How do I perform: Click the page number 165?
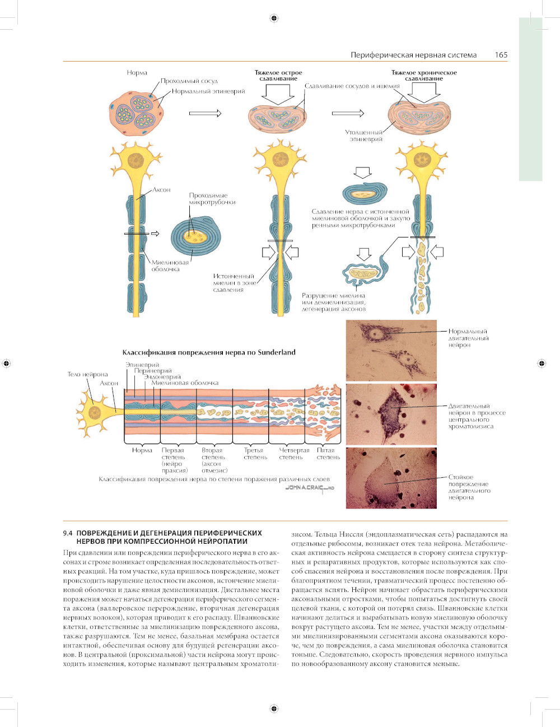pyautogui.click(x=501, y=55)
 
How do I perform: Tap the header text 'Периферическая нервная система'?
pyautogui.click(x=413, y=55)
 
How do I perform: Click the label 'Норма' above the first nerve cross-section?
pyautogui.click(x=137, y=73)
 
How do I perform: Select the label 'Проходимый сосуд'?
pyautogui.click(x=189, y=81)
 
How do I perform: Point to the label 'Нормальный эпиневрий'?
pyautogui.click(x=208, y=91)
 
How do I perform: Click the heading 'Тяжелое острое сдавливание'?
pyautogui.click(x=278, y=76)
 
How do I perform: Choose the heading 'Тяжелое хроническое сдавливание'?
pyautogui.click(x=424, y=76)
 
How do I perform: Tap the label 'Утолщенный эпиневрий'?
pyautogui.click(x=365, y=136)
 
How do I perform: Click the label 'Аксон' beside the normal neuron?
pyautogui.click(x=161, y=190)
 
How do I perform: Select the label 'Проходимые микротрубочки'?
pyautogui.click(x=212, y=199)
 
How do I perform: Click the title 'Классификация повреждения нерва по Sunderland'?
pyautogui.click(x=209, y=352)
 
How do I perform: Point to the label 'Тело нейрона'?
pyautogui.click(x=87, y=374)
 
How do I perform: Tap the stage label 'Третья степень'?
pyautogui.click(x=255, y=454)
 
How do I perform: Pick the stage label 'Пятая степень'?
pyautogui.click(x=328, y=454)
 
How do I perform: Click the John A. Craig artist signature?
pyautogui.click(x=309, y=488)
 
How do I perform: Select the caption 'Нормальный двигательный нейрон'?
pyautogui.click(x=468, y=338)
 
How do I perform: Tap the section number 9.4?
pyautogui.click(x=68, y=533)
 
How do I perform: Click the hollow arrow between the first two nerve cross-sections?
pyautogui.click(x=205, y=113)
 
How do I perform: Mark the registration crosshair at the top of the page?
pyautogui.click(x=274, y=18)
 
